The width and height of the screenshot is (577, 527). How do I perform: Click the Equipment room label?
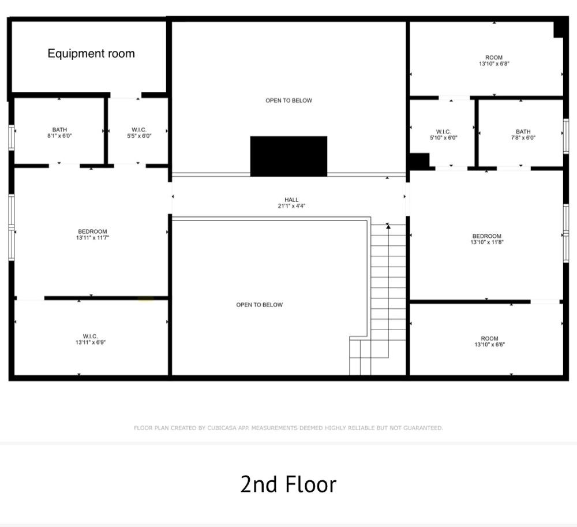point(91,54)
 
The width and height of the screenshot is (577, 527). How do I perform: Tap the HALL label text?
point(291,200)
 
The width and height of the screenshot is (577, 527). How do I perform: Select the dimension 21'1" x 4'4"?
point(291,206)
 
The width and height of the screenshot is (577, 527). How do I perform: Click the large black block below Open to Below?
point(288,156)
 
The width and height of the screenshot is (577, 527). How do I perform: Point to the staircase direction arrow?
point(388,226)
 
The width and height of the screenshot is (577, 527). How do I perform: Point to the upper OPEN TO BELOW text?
point(288,100)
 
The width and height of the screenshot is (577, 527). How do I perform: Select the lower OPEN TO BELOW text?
point(260,305)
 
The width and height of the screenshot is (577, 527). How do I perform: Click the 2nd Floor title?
point(288,484)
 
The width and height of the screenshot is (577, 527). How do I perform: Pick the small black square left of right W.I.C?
point(419,161)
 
